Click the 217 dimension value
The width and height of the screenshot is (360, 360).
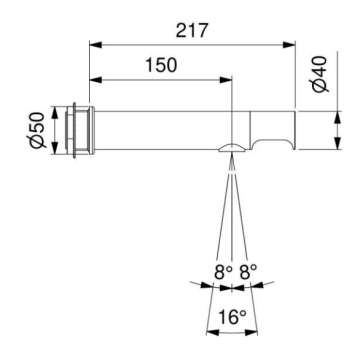click(192, 31)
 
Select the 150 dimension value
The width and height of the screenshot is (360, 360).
click(161, 65)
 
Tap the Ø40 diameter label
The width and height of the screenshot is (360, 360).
click(321, 75)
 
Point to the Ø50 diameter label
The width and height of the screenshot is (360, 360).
click(37, 130)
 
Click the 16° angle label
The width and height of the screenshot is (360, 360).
click(232, 317)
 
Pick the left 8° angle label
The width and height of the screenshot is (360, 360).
click(223, 271)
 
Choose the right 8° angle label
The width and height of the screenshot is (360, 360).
click(248, 271)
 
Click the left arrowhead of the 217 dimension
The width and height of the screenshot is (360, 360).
click(95, 45)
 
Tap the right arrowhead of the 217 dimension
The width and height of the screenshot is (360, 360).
click(289, 45)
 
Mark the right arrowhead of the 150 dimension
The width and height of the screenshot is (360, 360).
click(226, 80)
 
